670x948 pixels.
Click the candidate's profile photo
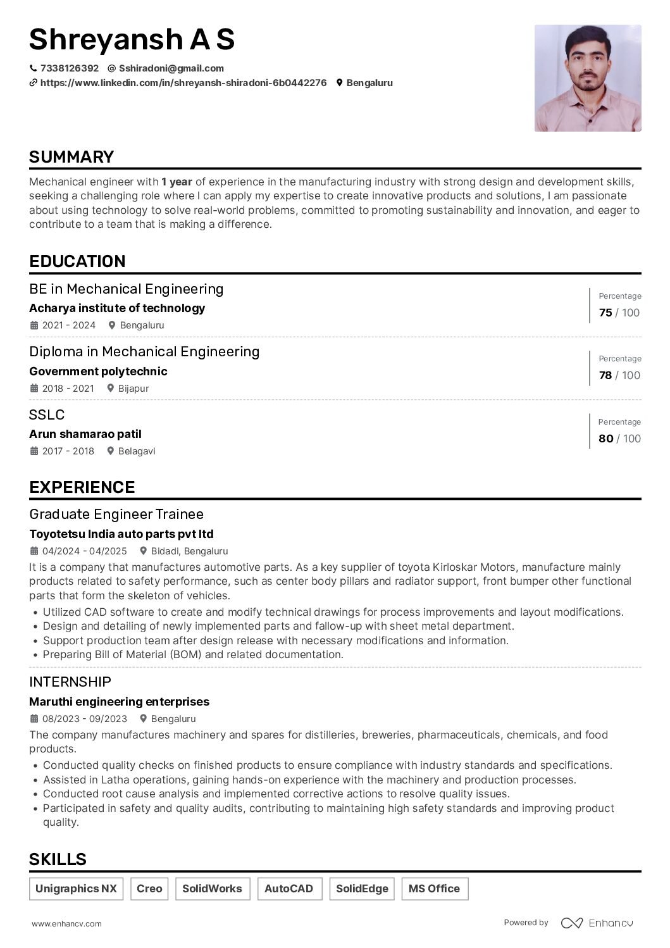588,78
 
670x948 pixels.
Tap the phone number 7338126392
69,68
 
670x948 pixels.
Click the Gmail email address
171,68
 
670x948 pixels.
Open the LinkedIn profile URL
183,83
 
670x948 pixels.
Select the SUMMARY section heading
71,157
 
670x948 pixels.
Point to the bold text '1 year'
177,182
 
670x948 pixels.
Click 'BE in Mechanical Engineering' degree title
127,289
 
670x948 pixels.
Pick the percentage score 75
605,313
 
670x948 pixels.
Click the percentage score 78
605,375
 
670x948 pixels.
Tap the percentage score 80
605,439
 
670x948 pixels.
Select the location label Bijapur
133,389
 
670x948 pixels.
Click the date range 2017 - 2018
68,451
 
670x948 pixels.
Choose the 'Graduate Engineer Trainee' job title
116,514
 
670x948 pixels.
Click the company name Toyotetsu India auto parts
121,534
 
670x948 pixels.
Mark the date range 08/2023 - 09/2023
84,719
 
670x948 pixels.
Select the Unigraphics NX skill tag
76,889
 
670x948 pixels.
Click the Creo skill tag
149,889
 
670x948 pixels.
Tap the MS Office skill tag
434,889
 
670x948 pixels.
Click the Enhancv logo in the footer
597,923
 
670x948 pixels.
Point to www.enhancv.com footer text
66,924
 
